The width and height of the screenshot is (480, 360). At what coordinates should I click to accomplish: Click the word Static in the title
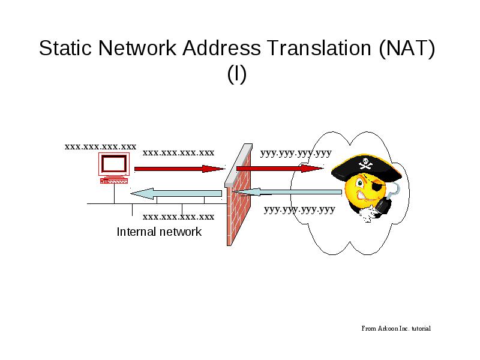[x=65, y=48]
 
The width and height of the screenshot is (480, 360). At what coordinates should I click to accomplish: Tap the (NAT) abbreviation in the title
[x=407, y=49]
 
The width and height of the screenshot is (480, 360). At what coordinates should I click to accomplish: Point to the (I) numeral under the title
[x=237, y=74]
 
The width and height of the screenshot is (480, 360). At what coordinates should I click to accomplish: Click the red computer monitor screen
[x=114, y=164]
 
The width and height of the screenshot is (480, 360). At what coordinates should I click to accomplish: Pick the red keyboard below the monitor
[x=114, y=181]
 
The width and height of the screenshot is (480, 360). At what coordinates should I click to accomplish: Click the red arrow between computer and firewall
[x=179, y=169]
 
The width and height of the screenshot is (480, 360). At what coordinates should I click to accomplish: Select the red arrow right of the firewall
[x=280, y=168]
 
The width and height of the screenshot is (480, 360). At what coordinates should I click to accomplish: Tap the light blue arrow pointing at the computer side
[x=176, y=193]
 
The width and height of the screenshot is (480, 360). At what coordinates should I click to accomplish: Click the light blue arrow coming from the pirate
[x=287, y=192]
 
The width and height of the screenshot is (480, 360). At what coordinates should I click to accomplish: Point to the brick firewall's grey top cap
[x=238, y=166]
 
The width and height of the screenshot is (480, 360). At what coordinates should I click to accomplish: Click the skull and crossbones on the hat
[x=365, y=163]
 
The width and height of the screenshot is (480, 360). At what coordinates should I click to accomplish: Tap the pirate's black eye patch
[x=377, y=186]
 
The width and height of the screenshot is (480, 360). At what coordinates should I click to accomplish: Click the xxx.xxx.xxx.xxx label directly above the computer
[x=100, y=146]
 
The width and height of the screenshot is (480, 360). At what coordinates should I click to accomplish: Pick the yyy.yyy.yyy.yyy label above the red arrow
[x=296, y=153]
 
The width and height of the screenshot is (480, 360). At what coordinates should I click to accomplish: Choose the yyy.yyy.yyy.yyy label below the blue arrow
[x=299, y=209]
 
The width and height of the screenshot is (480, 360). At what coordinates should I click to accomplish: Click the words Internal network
[x=159, y=232]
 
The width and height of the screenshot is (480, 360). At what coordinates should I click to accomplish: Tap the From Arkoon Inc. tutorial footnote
[x=396, y=328]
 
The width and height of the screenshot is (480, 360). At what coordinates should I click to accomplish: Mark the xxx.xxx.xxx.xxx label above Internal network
[x=178, y=217]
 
